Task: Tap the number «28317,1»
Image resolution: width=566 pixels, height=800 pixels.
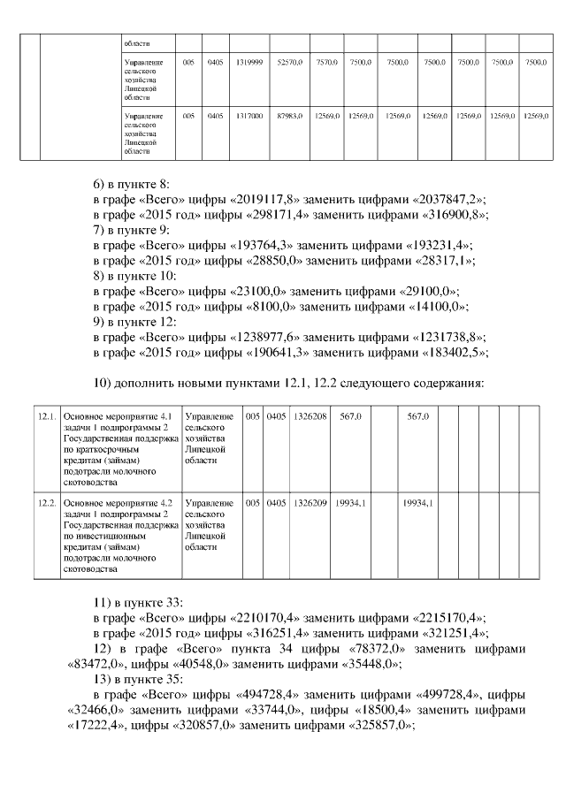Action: point(441,260)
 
